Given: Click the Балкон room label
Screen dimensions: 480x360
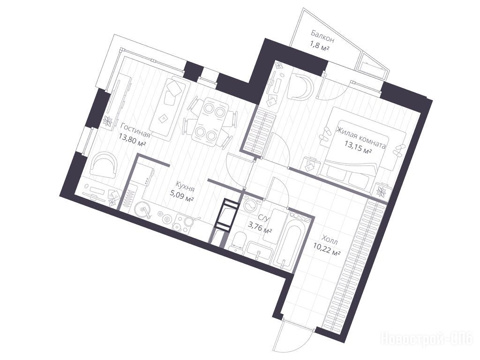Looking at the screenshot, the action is (x=322, y=36).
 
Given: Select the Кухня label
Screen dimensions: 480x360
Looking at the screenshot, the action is (x=185, y=187).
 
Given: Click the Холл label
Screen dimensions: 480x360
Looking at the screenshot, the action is (x=330, y=240).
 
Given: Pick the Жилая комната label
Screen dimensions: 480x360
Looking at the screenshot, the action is (x=360, y=138).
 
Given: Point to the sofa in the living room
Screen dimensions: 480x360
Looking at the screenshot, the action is (x=168, y=108).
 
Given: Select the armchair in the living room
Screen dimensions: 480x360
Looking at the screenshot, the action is (x=104, y=165).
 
